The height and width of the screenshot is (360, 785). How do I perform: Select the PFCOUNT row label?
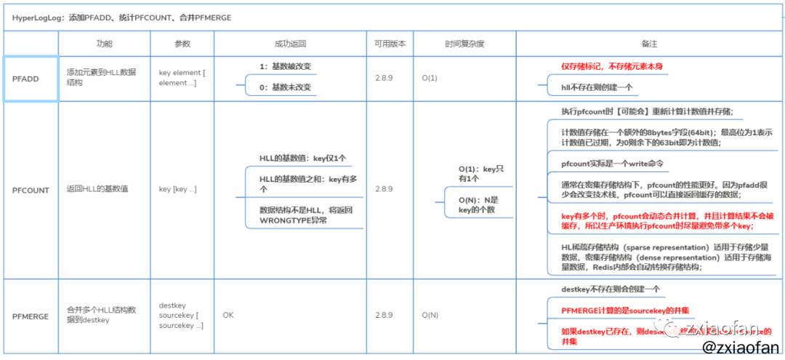[31, 190]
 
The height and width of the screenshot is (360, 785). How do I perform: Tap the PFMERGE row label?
[31, 316]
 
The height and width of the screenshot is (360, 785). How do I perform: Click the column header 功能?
[105, 44]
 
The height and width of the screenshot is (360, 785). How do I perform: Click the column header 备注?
[649, 44]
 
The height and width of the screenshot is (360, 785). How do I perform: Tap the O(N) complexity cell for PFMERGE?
[430, 316]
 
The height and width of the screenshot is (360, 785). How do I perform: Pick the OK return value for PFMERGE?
[228, 316]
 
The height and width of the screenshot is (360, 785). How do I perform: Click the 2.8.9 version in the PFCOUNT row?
[384, 189]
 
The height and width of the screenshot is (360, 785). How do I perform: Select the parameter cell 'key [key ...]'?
[177, 189]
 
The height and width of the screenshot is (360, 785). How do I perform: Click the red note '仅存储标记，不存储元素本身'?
[611, 66]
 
